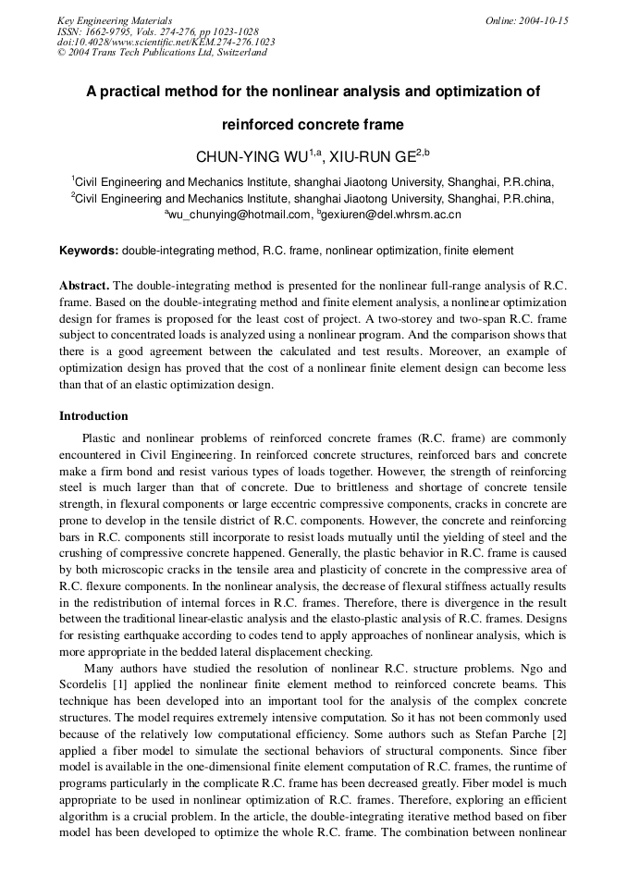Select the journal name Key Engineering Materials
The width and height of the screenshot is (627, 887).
tap(115, 20)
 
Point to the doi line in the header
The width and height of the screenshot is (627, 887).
tap(166, 42)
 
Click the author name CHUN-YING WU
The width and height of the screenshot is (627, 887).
tap(251, 157)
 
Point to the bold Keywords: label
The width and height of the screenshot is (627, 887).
tap(89, 251)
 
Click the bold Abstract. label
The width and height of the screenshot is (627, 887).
tap(84, 284)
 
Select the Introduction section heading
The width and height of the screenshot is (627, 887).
tap(93, 416)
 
